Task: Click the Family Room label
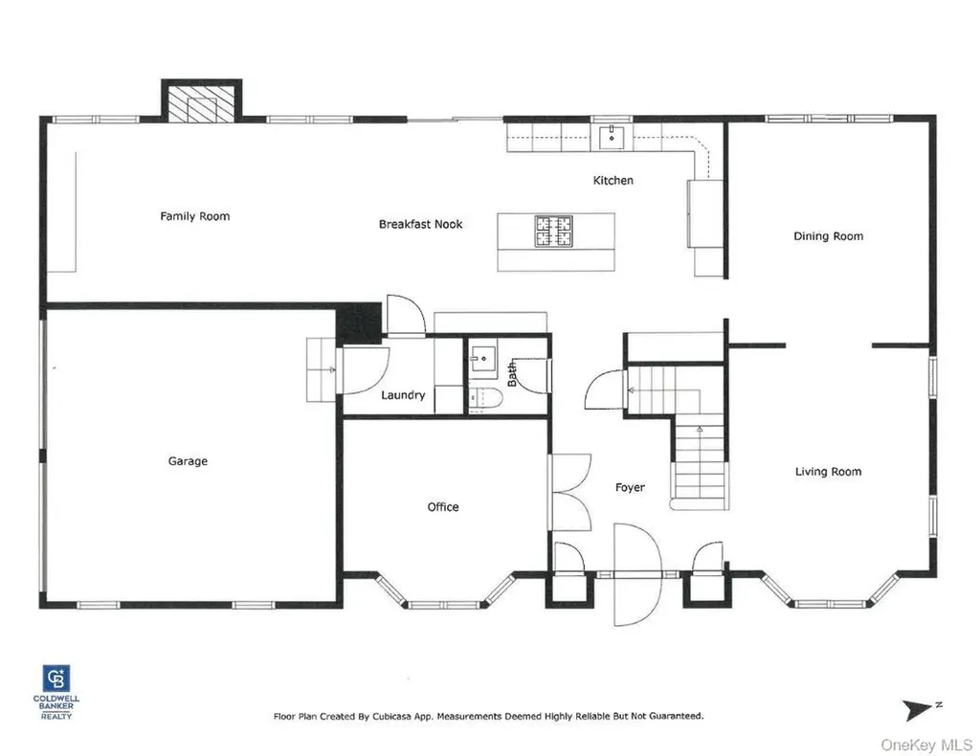click(x=195, y=216)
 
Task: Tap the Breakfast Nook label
click(x=421, y=224)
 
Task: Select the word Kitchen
click(x=613, y=181)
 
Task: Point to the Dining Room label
click(x=828, y=236)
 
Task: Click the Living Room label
click(x=828, y=472)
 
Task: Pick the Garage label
click(x=188, y=461)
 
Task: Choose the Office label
click(x=443, y=506)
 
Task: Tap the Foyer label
click(x=630, y=487)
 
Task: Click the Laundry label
click(x=403, y=395)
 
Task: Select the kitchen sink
click(x=612, y=137)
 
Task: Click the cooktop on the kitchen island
click(x=554, y=231)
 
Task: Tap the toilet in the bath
click(x=486, y=399)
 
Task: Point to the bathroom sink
click(x=483, y=359)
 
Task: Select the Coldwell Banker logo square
click(x=56, y=678)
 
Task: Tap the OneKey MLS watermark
click(x=926, y=745)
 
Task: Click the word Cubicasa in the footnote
click(x=392, y=716)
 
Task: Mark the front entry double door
click(x=637, y=574)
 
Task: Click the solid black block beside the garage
click(x=360, y=323)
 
